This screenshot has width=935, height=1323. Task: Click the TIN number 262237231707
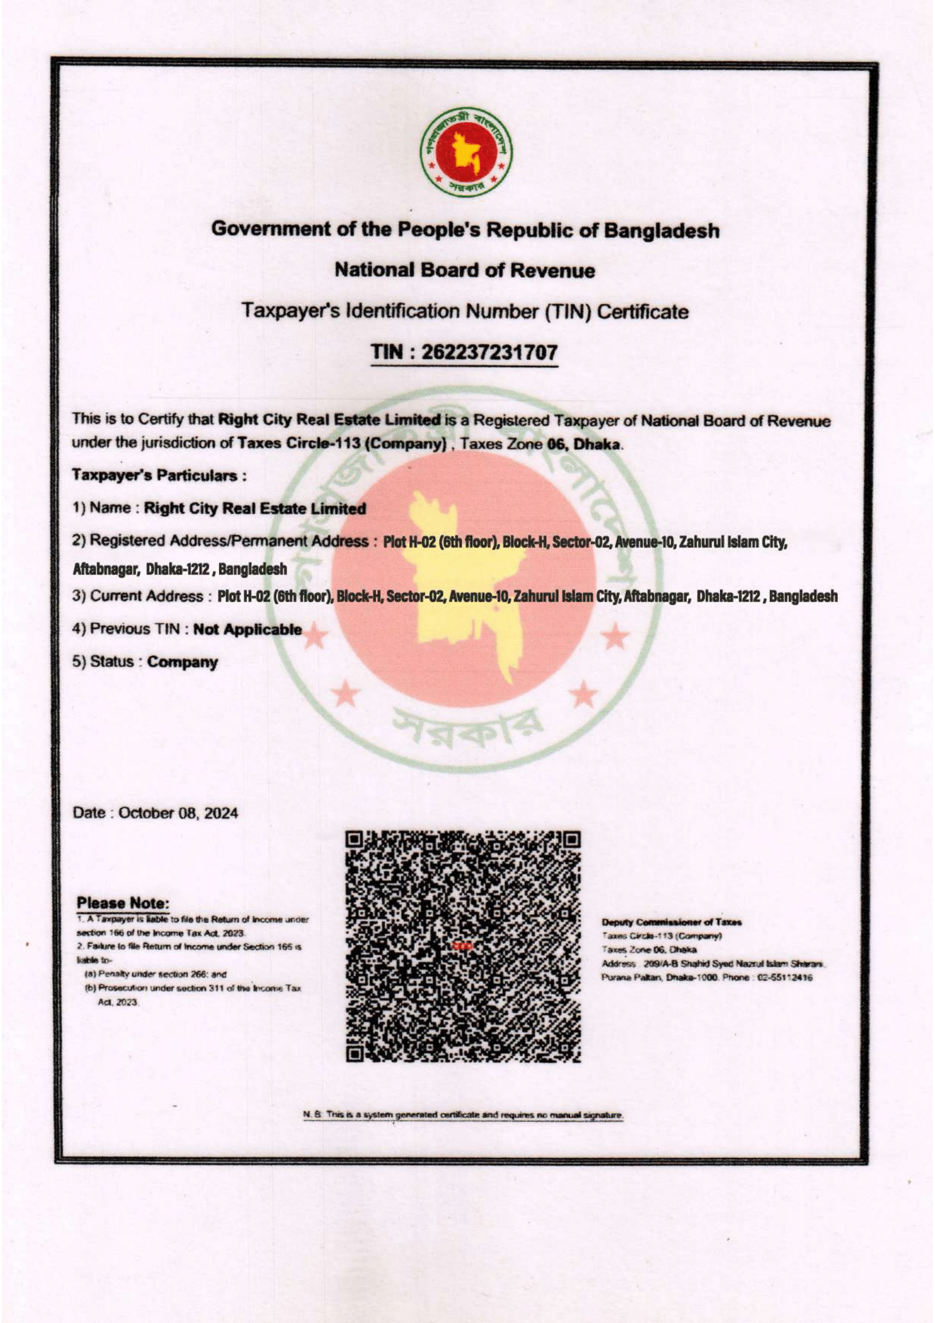tap(489, 351)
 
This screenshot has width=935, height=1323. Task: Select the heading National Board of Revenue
tap(464, 270)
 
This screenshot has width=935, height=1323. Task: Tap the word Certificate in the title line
tap(643, 312)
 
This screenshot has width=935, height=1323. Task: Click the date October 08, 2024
tap(178, 813)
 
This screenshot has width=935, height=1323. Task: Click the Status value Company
tap(183, 662)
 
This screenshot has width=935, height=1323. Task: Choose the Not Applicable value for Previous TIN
tap(247, 629)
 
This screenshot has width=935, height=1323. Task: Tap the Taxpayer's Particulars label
tap(159, 476)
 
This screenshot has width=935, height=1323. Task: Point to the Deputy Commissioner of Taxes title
tap(672, 923)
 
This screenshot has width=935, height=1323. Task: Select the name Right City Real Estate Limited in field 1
tap(255, 509)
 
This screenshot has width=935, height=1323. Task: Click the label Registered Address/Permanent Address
tap(229, 541)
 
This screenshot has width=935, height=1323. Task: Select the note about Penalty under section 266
tap(156, 975)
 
